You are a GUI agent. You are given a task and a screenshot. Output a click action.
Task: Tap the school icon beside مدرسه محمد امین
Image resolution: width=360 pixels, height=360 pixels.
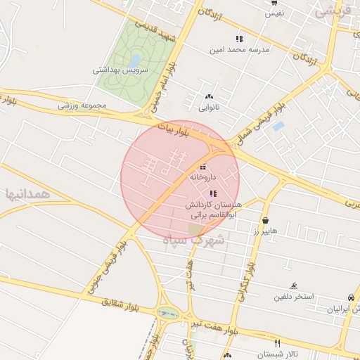pos(239,39)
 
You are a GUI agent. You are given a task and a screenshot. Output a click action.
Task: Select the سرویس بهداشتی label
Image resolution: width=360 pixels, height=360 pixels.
pos(120,70)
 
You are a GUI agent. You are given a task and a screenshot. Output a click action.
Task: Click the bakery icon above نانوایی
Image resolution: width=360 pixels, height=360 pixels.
pos(209,97)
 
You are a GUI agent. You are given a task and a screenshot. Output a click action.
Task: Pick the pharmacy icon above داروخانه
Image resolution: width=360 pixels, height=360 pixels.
pos(203,167)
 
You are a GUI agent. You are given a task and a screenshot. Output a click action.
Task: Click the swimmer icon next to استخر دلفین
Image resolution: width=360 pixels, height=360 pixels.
pos(293,286)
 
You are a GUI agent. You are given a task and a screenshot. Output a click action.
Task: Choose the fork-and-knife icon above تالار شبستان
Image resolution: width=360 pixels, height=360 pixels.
pos(277,343)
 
